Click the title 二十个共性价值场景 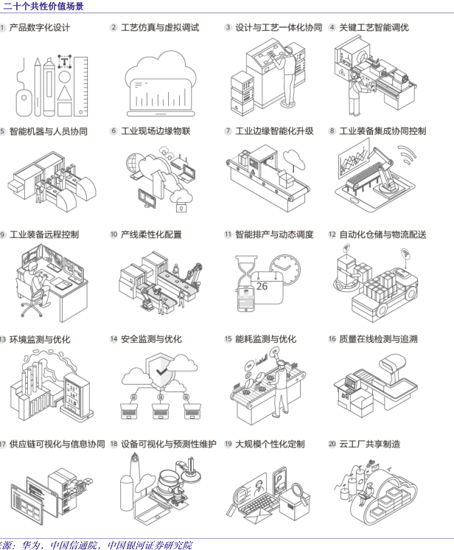click(43, 6)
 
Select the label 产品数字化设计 click(40, 27)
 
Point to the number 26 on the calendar click(262, 286)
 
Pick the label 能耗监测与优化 click(265, 339)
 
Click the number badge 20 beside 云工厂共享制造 click(332, 444)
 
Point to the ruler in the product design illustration click(80, 85)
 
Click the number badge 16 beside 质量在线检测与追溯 click(332, 339)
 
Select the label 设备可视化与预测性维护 click(168, 444)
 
